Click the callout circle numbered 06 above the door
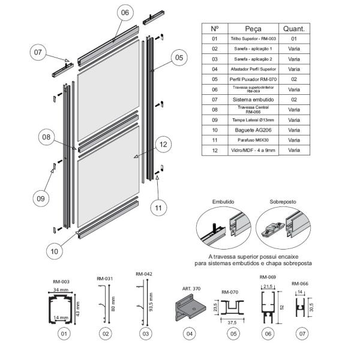tap(124, 13)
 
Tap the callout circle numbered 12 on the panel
tap(163, 144)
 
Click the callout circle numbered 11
tap(157, 208)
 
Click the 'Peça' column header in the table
tap(253, 28)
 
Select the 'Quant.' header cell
tap(294, 28)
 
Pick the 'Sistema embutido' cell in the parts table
tap(253, 98)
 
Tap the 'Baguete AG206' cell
tap(253, 130)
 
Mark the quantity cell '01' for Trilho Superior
tap(294, 38)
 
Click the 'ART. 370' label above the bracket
tap(193, 289)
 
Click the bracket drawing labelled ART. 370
tap(191, 308)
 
